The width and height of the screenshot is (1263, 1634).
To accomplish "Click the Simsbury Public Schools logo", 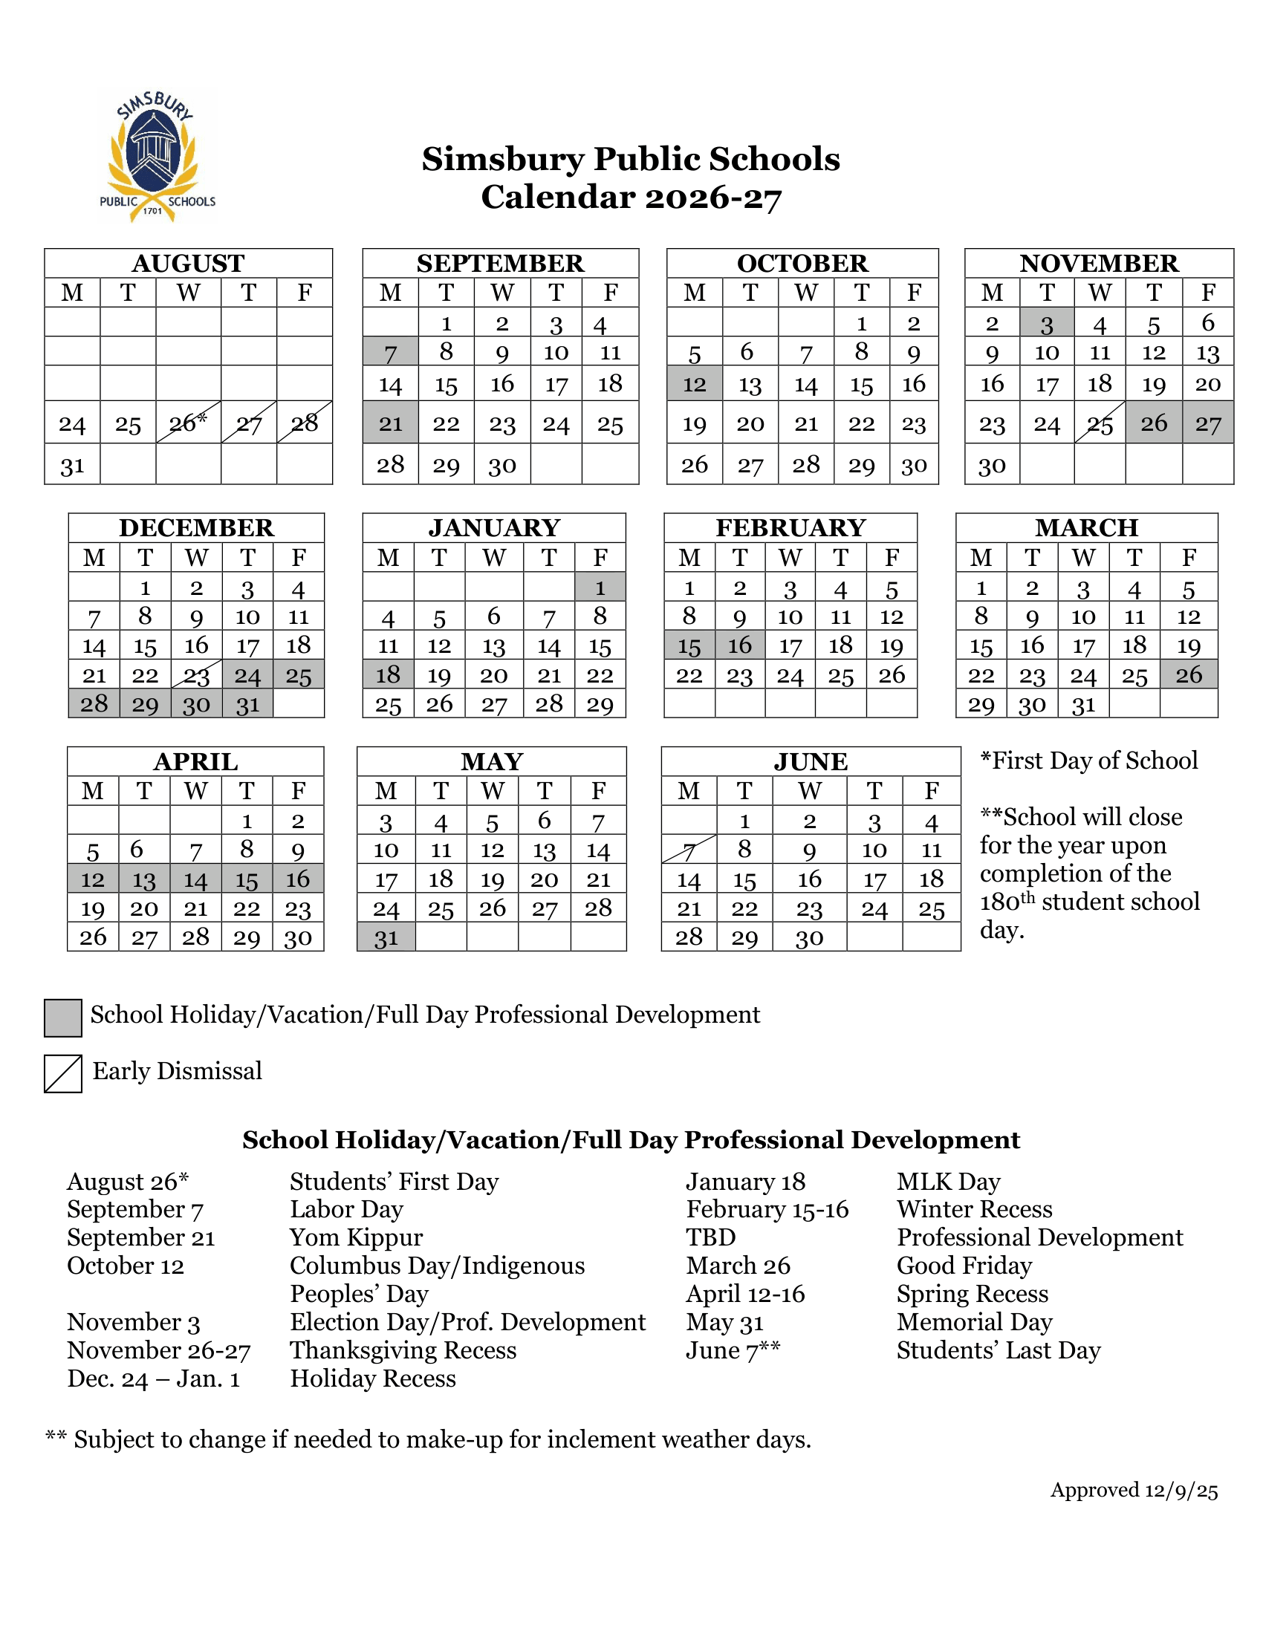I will click(157, 157).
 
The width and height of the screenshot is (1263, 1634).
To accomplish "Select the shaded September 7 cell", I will click(391, 351).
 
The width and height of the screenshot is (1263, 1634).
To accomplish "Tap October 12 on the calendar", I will click(695, 384).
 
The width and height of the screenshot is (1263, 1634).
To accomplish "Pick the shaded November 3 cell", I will click(1047, 322).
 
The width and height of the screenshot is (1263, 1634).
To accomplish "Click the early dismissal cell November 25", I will click(1099, 423).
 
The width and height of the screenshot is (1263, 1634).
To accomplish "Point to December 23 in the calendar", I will click(196, 675).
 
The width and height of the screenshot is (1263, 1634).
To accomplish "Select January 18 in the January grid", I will click(389, 675).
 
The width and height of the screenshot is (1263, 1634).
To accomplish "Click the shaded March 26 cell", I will click(1188, 675).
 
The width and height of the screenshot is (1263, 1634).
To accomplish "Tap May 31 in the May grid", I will click(386, 937).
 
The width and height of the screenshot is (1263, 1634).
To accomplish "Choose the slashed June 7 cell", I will click(689, 850).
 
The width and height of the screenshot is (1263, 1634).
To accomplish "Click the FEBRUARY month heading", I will click(790, 527).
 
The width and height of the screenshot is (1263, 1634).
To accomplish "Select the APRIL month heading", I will click(195, 761).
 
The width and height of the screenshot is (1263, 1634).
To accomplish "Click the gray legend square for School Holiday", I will click(63, 1018).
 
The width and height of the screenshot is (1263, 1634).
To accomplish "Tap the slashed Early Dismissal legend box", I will click(63, 1074).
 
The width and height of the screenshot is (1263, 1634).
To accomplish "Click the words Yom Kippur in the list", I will click(356, 1237).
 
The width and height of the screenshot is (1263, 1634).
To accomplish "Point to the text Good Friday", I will click(964, 1265).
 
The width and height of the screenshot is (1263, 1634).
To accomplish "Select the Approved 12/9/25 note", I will click(1134, 1490).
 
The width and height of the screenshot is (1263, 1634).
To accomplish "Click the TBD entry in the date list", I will click(711, 1237).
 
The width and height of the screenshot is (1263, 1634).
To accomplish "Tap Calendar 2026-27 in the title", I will click(631, 198).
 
